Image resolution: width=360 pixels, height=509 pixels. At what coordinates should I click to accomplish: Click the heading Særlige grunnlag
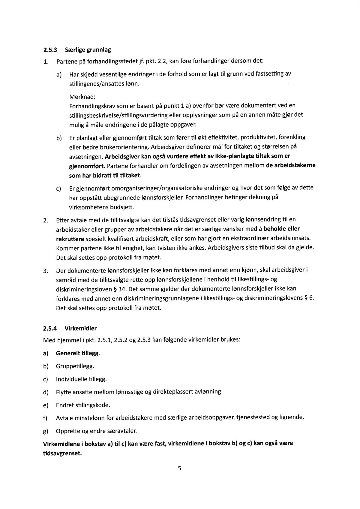pyautogui.click(x=88, y=50)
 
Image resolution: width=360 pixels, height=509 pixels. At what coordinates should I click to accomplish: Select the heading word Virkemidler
pyautogui.click(x=81, y=328)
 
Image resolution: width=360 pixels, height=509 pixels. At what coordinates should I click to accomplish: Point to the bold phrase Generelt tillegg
pyautogui.click(x=78, y=353)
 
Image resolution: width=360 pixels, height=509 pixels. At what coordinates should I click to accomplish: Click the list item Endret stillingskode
pyautogui.click(x=83, y=405)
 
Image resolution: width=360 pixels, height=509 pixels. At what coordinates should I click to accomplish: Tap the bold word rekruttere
pyautogui.click(x=70, y=239)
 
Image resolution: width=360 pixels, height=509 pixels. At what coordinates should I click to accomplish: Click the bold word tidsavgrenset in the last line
pyautogui.click(x=62, y=453)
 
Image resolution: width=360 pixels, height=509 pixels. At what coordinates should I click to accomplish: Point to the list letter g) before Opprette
pyautogui.click(x=46, y=431)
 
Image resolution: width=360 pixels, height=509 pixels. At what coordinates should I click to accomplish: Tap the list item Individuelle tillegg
pyautogui.click(x=81, y=379)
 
